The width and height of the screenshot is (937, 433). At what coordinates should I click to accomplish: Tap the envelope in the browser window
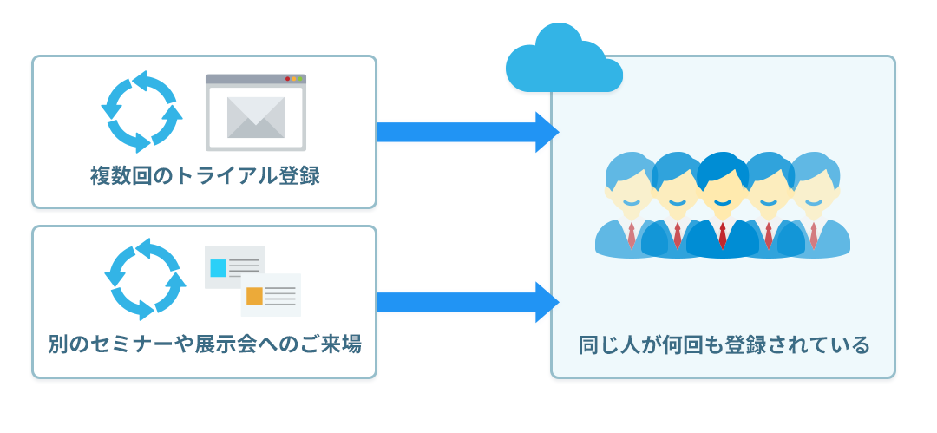pos(256,118)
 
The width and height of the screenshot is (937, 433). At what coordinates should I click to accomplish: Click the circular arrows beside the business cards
pos(145,279)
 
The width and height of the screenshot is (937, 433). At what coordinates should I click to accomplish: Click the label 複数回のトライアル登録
pos(205,176)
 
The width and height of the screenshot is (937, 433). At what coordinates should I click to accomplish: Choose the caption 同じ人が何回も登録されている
pos(724,345)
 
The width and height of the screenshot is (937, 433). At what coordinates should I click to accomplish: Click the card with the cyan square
pos(235,267)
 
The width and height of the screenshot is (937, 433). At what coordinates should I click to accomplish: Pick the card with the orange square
pos(271,295)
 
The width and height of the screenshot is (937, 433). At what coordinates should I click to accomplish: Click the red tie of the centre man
pos(723,236)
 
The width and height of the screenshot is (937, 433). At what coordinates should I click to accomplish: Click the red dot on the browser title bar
pos(287,79)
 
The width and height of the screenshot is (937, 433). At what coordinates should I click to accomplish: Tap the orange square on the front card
pos(255,296)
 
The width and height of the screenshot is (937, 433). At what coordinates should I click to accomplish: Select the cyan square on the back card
pos(219,268)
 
